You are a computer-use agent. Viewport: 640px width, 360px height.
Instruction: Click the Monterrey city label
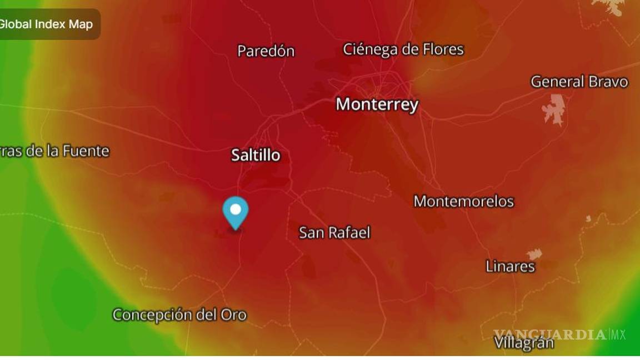(377, 104)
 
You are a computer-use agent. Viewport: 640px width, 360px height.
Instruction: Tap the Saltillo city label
(256, 155)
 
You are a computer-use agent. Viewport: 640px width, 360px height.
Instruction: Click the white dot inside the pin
(236, 209)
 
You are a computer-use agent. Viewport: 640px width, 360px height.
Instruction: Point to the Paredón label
(266, 51)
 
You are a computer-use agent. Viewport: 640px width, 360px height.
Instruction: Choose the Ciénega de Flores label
(403, 49)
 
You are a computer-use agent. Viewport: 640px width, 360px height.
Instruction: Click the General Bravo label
(579, 82)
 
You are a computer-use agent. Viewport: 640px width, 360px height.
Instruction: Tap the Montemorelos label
(463, 201)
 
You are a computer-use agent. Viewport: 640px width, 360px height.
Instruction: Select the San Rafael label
(334, 232)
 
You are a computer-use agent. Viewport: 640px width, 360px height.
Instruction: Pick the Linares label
(510, 266)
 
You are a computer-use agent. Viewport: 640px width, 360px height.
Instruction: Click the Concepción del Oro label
(179, 315)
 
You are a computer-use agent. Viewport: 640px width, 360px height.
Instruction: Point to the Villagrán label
(524, 343)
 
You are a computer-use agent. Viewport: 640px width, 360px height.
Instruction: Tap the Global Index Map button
(47, 24)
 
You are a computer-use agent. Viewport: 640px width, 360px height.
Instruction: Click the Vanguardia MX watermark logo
(559, 334)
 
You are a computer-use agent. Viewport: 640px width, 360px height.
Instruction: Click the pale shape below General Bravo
(554, 108)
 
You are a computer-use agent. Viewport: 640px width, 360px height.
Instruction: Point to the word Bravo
(608, 82)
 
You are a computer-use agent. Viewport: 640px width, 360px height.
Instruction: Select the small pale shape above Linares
(534, 254)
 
